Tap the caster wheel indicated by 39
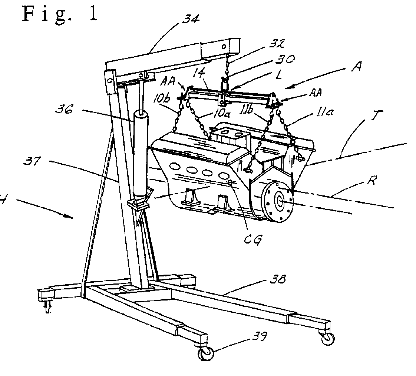pyautogui.click(x=205, y=353)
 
